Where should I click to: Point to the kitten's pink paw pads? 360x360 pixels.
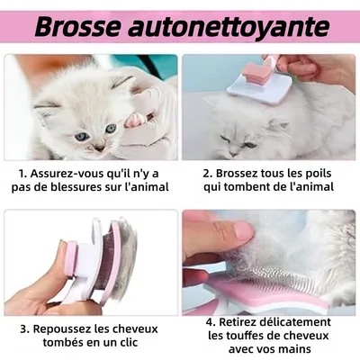coord(134,119)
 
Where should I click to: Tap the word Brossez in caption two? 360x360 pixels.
coord(238,172)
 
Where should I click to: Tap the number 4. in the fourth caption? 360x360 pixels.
coord(208,321)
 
